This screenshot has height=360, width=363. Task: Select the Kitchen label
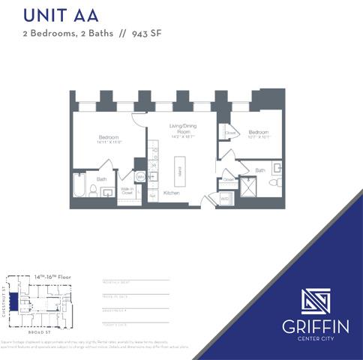(172, 193)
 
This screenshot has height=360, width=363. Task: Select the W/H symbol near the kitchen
(140, 177)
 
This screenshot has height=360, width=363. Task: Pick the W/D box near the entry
(225, 199)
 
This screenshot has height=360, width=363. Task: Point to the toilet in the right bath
(274, 182)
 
